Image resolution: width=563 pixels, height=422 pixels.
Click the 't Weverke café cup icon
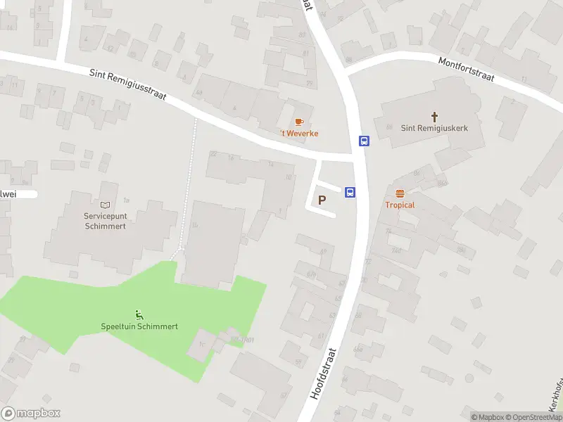coord(299,122)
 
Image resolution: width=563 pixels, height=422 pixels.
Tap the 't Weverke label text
coord(299,134)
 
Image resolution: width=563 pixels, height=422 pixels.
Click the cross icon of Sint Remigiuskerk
coord(434,117)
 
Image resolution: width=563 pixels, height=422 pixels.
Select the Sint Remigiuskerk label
coord(434,129)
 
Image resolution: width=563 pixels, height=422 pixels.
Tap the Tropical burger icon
coord(400,193)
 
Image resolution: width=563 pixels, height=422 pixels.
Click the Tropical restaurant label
coord(400,205)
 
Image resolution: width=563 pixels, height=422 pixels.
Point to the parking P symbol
coord(322,200)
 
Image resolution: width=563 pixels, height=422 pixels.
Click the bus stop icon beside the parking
coord(350,192)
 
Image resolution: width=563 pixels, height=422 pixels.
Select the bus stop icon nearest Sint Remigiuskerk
coord(364,141)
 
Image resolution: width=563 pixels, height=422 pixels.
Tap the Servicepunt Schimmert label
coord(105,222)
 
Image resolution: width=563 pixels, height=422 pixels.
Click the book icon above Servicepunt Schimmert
coord(105,205)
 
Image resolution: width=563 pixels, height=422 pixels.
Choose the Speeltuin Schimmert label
coord(139,326)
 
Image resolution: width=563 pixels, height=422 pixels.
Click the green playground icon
coord(139,314)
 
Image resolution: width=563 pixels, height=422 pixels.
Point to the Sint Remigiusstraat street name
coord(127,84)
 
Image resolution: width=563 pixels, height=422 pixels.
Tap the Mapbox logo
coord(31,414)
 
